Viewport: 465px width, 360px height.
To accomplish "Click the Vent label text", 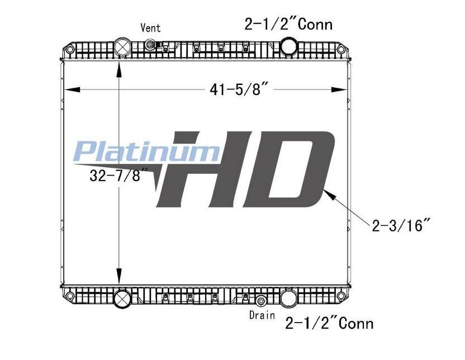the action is [x=151, y=28].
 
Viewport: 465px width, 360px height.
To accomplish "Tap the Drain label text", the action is [x=262, y=315].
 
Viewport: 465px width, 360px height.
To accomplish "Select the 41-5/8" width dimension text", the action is [x=239, y=89].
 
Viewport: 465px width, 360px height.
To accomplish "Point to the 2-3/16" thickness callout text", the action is [x=401, y=225].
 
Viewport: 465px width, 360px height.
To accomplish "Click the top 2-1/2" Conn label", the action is [x=288, y=24].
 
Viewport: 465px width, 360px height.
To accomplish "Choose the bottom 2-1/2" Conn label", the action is [x=329, y=323].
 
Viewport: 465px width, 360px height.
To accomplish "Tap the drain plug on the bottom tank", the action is [x=261, y=301].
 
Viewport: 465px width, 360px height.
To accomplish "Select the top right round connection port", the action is [x=288, y=46].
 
